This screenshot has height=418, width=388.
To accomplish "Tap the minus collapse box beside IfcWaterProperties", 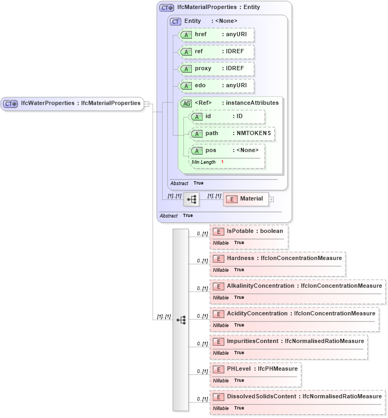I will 147,104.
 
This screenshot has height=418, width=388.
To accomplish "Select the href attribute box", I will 216,35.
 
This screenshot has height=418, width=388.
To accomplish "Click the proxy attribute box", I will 216,69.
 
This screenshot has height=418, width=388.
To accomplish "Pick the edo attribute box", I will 216,86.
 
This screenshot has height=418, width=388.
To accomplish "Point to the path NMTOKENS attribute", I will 232,133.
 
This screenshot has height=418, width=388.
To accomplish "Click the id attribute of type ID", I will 227,116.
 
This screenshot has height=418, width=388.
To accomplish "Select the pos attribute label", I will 212,151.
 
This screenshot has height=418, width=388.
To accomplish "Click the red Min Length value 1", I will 222,162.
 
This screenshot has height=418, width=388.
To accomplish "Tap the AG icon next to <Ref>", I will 187,103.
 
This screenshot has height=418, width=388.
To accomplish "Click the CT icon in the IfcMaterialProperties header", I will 167,8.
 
